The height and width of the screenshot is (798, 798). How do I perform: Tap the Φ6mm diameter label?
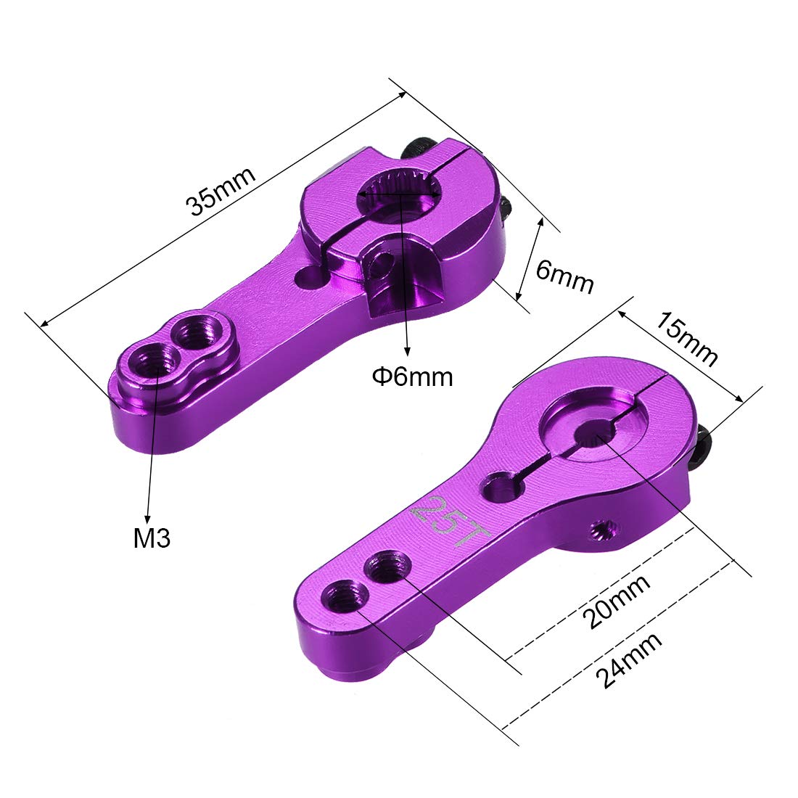412,377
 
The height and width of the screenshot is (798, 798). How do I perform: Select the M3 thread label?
152,538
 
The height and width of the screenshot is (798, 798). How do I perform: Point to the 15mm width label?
686,340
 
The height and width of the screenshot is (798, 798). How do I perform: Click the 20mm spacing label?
617,601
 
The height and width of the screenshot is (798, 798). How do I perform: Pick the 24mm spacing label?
629,660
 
